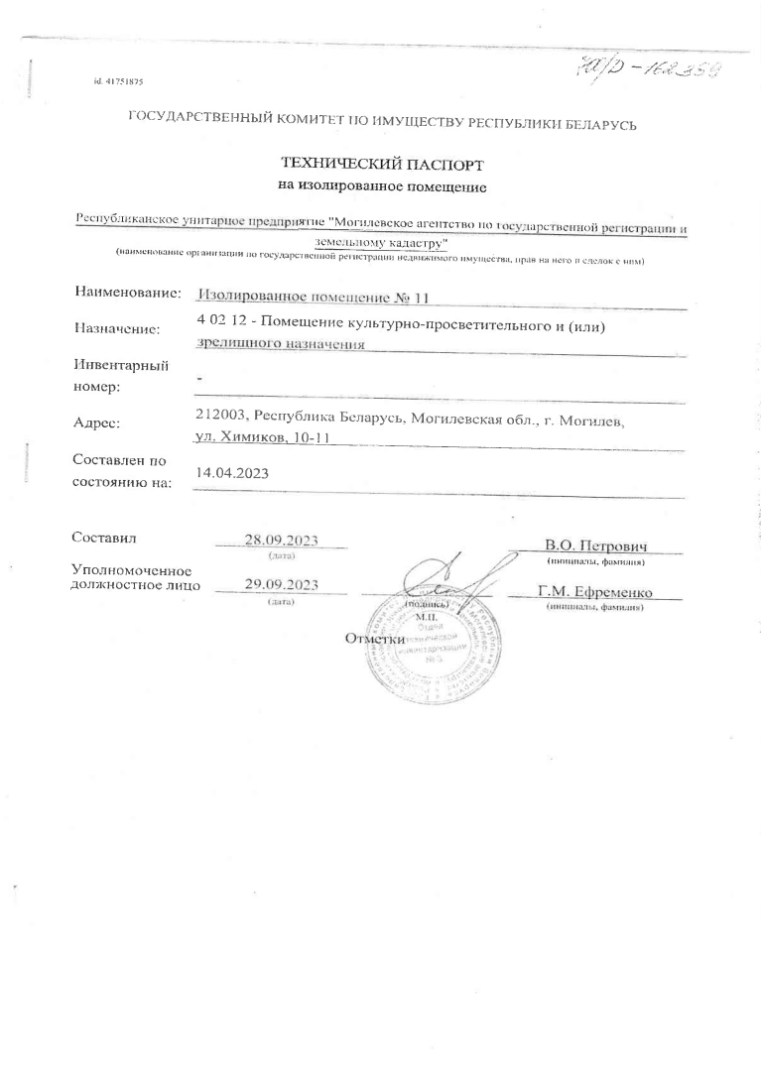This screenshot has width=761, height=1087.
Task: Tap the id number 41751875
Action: coord(125,78)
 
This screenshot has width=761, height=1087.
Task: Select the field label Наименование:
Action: coord(127,293)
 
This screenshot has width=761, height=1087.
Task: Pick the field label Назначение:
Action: coord(117,329)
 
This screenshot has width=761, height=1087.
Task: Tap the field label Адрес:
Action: coord(97,423)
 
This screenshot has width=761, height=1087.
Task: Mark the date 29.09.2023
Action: coord(281,584)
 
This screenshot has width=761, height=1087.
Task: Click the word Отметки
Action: coord(375,639)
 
